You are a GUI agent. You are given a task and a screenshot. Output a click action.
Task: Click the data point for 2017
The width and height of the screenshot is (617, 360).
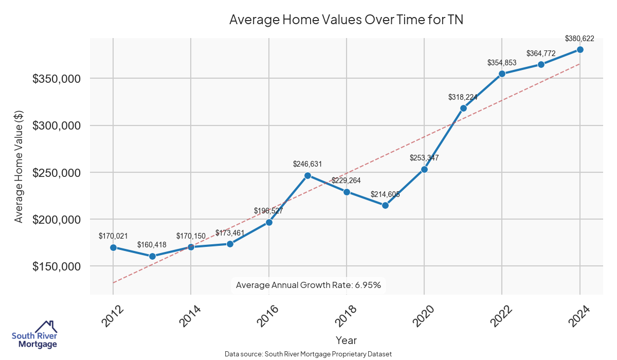click(x=307, y=175)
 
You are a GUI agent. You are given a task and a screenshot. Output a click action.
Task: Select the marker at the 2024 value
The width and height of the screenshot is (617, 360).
click(x=580, y=49)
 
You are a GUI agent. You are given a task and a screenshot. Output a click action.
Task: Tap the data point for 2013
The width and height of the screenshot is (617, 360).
click(x=152, y=256)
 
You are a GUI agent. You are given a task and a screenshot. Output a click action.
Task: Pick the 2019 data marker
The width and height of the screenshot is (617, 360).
click(x=385, y=205)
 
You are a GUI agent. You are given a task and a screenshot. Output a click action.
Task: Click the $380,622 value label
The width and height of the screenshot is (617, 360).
click(x=580, y=39)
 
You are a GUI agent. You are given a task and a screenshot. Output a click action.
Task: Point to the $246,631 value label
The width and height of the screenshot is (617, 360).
click(x=307, y=165)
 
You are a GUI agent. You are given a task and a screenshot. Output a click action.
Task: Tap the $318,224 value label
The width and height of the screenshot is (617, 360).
click(x=463, y=97)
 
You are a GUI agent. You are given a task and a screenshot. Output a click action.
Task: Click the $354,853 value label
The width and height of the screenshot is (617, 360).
click(x=502, y=63)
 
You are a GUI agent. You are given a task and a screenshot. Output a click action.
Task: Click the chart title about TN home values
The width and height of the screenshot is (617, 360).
click(x=346, y=20)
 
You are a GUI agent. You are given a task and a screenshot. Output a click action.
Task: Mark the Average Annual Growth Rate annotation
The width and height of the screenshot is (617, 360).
click(x=308, y=285)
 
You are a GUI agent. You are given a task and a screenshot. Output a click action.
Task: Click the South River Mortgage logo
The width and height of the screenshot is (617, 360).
click(x=34, y=335)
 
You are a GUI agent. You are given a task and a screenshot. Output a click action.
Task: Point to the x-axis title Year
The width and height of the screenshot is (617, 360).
click(x=346, y=340)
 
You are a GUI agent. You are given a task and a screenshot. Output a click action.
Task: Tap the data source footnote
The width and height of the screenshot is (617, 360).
click(x=308, y=354)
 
